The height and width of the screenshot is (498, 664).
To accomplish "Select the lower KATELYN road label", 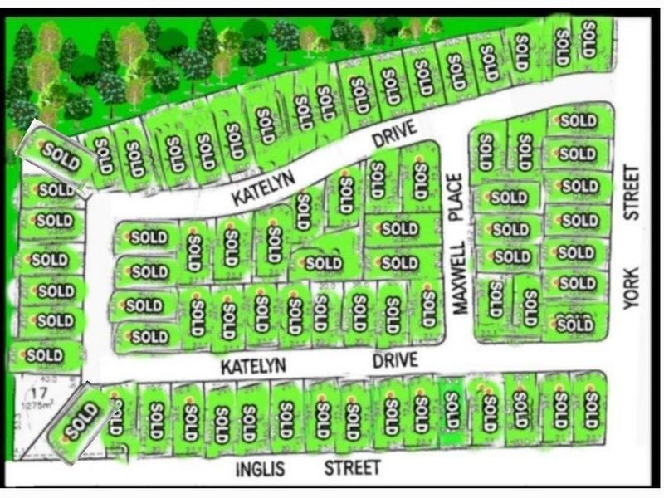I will pos(253,364).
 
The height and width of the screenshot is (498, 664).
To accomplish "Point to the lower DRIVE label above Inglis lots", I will pos(395,360).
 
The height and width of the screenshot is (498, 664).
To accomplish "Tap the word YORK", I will pos(633,287).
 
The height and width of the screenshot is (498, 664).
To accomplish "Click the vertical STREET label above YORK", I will pos(633,192).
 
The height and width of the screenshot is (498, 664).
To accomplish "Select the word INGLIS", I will pos(259,470).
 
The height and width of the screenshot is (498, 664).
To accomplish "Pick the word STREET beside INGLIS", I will pos(352,467).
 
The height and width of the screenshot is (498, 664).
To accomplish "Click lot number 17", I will pos(37,392).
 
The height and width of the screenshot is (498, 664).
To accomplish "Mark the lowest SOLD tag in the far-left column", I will pos(45,355).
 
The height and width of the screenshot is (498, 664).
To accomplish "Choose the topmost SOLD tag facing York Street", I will pos(579,121).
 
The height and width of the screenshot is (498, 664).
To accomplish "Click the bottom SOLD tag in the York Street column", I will pos(575,324).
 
